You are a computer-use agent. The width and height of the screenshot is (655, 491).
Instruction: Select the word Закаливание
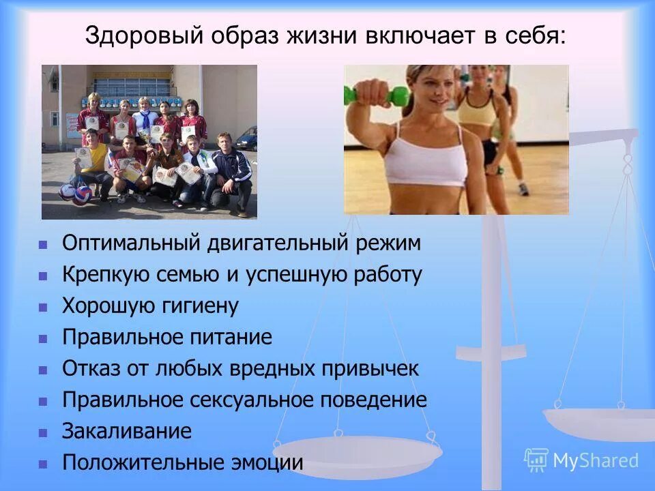[127, 431]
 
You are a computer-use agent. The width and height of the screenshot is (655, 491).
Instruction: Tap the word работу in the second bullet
[388, 275]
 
